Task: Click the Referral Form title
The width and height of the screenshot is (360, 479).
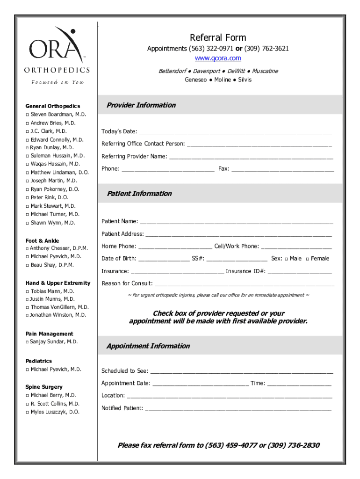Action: [x=217, y=37]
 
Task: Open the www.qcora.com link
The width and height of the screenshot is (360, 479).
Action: [x=218, y=58]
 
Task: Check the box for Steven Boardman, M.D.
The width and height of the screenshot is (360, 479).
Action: [x=28, y=115]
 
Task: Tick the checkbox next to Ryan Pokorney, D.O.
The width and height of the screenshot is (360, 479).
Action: [x=28, y=189]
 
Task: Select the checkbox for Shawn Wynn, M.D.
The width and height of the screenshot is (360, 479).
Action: [x=28, y=223]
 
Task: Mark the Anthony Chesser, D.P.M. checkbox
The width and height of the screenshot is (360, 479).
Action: [x=28, y=248]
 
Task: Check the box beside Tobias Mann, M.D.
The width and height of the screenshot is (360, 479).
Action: [x=28, y=291]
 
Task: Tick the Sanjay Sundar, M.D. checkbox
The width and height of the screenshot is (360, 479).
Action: [x=28, y=342]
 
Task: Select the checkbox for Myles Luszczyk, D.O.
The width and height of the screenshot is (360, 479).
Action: [x=28, y=412]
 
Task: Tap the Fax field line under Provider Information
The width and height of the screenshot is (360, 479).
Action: [x=282, y=169]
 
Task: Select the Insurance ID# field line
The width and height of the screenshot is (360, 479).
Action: [x=300, y=272]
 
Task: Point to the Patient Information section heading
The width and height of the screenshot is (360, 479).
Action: [x=139, y=194]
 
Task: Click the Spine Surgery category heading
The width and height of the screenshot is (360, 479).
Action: [x=44, y=387]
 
